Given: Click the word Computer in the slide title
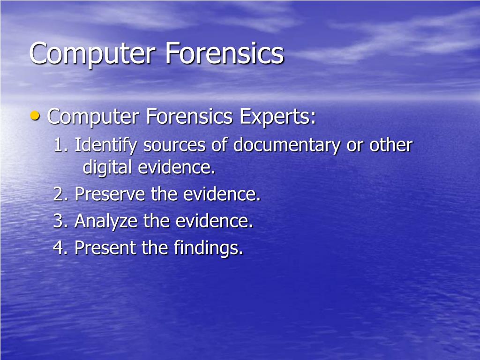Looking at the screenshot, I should pos(92,54).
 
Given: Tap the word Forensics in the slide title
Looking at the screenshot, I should pos(224,53).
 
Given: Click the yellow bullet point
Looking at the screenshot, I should pos(35,116).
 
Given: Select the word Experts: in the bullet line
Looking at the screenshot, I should pos(277,117).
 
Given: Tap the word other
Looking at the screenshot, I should pos(391,145).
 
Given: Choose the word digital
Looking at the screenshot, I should pos(107,167).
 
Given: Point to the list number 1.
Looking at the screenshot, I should pos(60,146).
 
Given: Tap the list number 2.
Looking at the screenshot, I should pos(60,194).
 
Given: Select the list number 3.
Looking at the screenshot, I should pos(60,221).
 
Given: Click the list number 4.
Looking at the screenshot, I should pos(60,247).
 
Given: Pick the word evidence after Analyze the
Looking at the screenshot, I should pos(214,221).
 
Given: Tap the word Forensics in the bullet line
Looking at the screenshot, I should pos(189,117).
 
